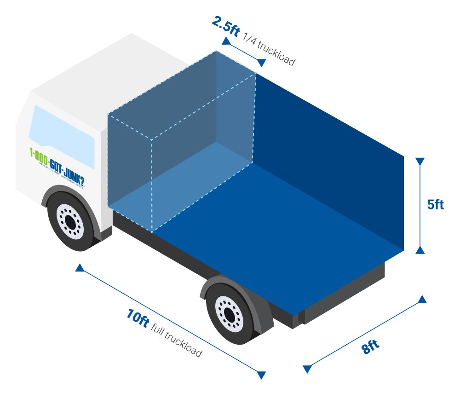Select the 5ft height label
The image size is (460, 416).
click(x=435, y=204)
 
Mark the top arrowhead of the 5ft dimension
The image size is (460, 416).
click(x=420, y=162)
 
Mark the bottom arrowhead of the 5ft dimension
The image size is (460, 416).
click(x=420, y=249)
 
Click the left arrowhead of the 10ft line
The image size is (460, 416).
click(x=80, y=268)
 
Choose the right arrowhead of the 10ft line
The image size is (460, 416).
click(x=261, y=375)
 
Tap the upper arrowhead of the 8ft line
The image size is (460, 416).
click(x=422, y=300)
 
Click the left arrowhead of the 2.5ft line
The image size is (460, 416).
click(x=226, y=41)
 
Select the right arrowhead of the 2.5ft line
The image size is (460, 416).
click(x=261, y=63)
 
